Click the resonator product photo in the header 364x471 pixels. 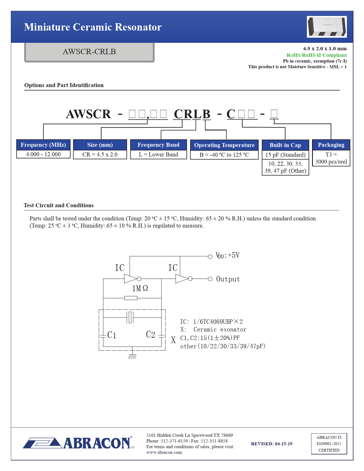point(327,27)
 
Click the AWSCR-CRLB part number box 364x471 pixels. point(89,52)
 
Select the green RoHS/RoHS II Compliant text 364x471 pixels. point(316,55)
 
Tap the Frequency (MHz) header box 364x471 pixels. point(43,145)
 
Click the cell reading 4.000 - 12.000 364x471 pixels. point(43,154)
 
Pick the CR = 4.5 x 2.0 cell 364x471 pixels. point(100,154)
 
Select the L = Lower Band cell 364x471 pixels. point(158,154)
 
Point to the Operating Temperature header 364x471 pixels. point(224,145)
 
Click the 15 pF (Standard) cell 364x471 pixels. point(285,155)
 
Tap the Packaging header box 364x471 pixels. point(331,145)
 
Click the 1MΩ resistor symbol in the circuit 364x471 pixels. point(131,298)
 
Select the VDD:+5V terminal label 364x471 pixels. point(228,255)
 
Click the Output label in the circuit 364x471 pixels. point(228,279)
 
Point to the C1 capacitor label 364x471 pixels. point(112,335)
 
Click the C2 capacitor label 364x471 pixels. point(150,334)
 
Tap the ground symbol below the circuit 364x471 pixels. point(132,356)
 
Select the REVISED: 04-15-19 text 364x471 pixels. point(272,444)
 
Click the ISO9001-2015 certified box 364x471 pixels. point(329,444)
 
